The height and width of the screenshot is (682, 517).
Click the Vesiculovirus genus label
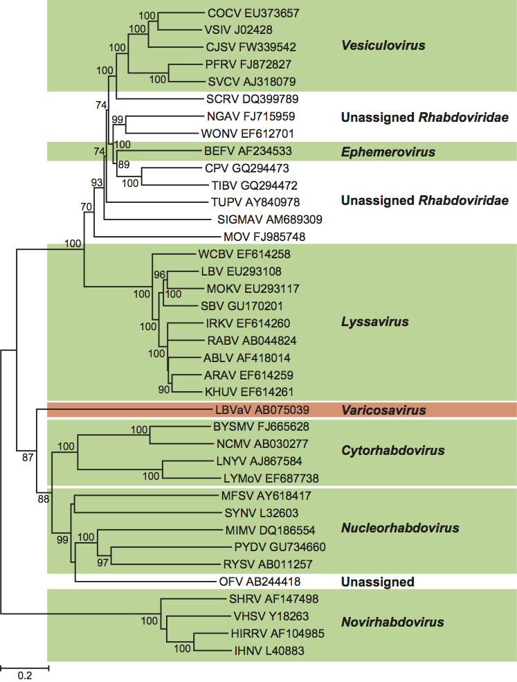pos(383,46)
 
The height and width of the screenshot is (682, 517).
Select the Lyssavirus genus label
pos(374,322)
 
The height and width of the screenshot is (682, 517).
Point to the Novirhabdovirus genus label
pos(392,623)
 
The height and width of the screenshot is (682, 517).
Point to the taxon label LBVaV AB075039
pos(262,409)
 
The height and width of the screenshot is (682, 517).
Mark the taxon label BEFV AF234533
pos(248,151)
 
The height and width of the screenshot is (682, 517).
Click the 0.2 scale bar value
pos(24,676)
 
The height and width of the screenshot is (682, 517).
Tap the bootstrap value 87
pos(28,457)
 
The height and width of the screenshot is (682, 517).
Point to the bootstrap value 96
pos(160,275)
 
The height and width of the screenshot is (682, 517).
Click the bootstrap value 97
pos(103,562)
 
